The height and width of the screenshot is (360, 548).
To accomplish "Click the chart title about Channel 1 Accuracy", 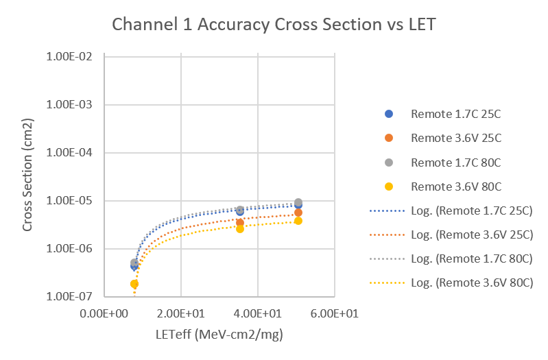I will [274, 25].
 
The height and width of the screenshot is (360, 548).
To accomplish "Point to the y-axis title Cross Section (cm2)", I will [28, 174].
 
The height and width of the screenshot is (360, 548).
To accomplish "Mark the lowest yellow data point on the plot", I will [134, 284].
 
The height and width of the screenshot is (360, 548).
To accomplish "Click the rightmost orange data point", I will [298, 213].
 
